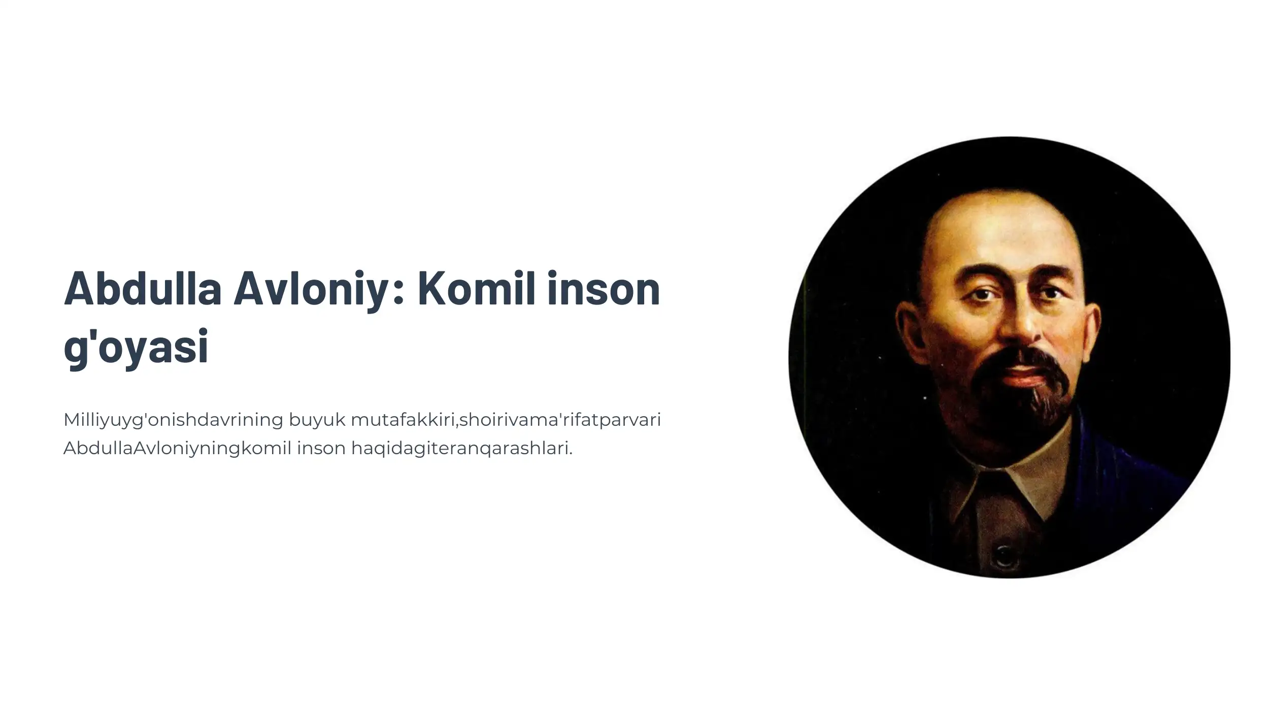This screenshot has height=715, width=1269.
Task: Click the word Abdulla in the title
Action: pyautogui.click(x=143, y=289)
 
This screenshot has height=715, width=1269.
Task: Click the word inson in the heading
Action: pyautogui.click(x=604, y=289)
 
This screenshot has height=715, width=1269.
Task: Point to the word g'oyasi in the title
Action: pyautogui.click(x=136, y=347)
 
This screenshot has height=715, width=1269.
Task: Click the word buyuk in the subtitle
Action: pyautogui.click(x=317, y=420)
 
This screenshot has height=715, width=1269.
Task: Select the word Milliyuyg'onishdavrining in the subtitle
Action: pyautogui.click(x=173, y=420)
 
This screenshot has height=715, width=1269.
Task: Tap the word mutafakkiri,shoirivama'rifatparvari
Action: pyautogui.click(x=506, y=420)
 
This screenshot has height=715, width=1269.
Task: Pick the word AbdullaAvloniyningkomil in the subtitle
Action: pyautogui.click(x=177, y=449)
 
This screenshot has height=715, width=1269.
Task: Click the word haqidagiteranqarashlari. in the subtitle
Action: pyautogui.click(x=462, y=449)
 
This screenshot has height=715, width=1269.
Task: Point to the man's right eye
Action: pyautogui.click(x=1051, y=293)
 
